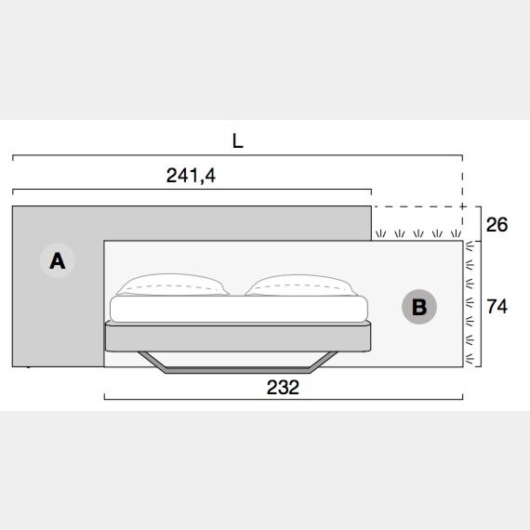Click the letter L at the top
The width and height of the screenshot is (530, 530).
point(238,141)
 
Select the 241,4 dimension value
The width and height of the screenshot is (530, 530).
point(191,176)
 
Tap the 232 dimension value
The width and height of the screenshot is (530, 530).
point(283,388)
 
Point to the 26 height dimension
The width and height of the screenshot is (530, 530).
point(497,224)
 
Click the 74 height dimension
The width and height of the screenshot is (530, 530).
point(497,307)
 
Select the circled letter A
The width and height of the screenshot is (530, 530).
point(58,260)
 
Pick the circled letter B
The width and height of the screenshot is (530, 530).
point(419,307)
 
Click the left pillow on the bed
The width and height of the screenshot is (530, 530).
point(172,285)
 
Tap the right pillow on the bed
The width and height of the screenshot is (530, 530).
point(301,285)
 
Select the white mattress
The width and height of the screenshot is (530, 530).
point(239,309)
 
